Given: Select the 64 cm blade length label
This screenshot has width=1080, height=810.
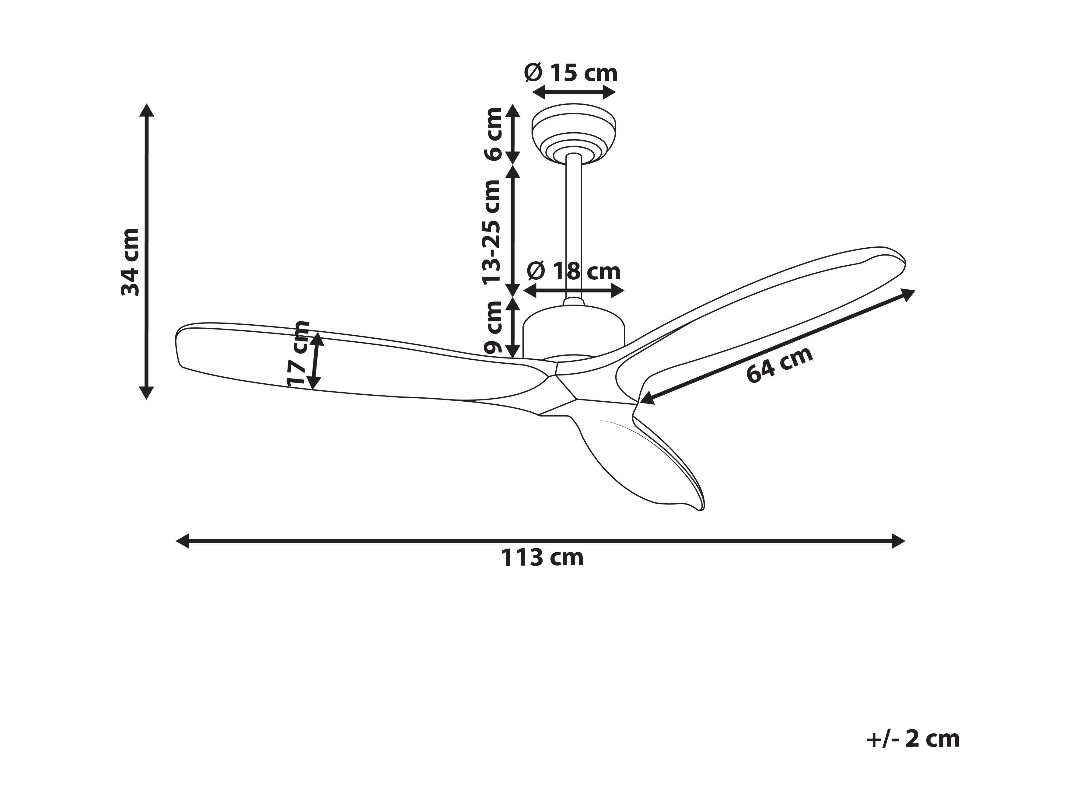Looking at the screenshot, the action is coord(780,365).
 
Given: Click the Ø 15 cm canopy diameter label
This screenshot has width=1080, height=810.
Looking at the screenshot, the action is coord(571,73).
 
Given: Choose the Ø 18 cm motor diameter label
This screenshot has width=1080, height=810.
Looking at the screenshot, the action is coord(574,271).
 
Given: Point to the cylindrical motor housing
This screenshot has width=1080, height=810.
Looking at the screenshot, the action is coord(574,332).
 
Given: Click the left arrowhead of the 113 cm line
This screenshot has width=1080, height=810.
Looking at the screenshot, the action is coord(182,541).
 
